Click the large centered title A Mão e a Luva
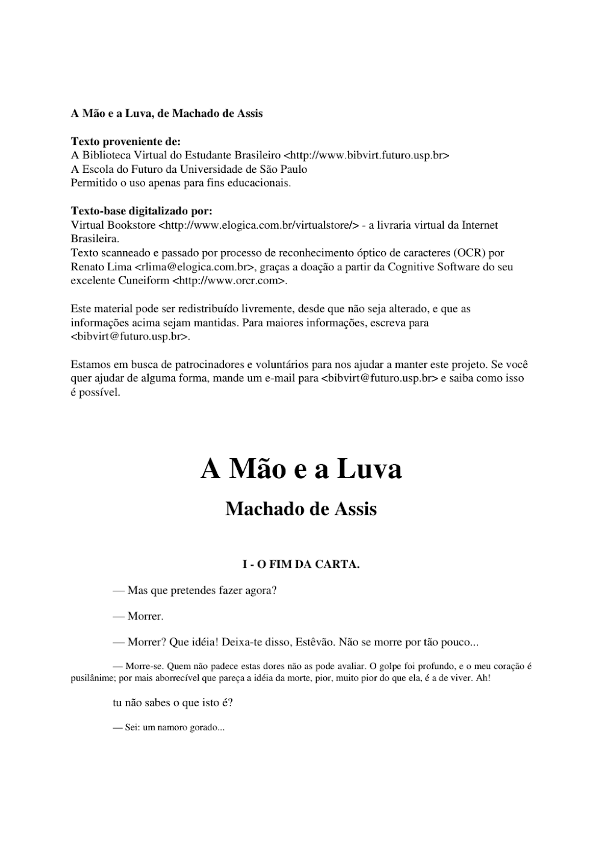pyautogui.click(x=301, y=469)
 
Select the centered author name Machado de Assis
pyautogui.click(x=301, y=509)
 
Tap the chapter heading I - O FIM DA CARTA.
pyautogui.click(x=301, y=565)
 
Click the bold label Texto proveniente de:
pyautogui.click(x=126, y=141)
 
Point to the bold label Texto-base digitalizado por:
pyautogui.click(x=141, y=211)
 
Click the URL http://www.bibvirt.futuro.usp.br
pyautogui.click(x=367, y=155)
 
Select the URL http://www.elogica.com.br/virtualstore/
pyautogui.click(x=259, y=225)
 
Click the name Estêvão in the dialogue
pyautogui.click(x=314, y=642)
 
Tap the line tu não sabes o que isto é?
pyautogui.click(x=173, y=703)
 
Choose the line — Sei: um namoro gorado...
pyautogui.click(x=169, y=727)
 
